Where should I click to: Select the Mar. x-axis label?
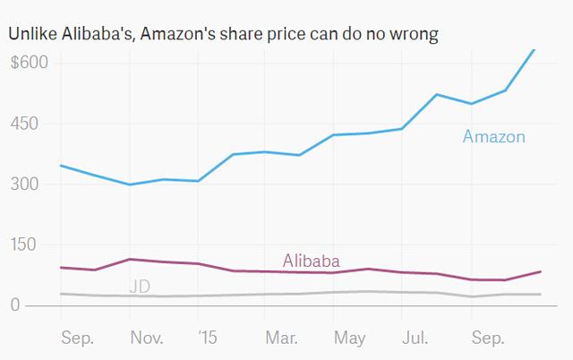(x=282, y=338)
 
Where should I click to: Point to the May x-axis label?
(x=350, y=338)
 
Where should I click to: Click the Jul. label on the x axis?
(x=414, y=338)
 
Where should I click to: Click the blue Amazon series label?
(x=493, y=137)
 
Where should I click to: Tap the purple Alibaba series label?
(x=311, y=261)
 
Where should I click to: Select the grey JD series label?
(x=140, y=287)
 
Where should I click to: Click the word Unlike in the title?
(x=31, y=33)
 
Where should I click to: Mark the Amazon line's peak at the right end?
(x=535, y=49)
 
